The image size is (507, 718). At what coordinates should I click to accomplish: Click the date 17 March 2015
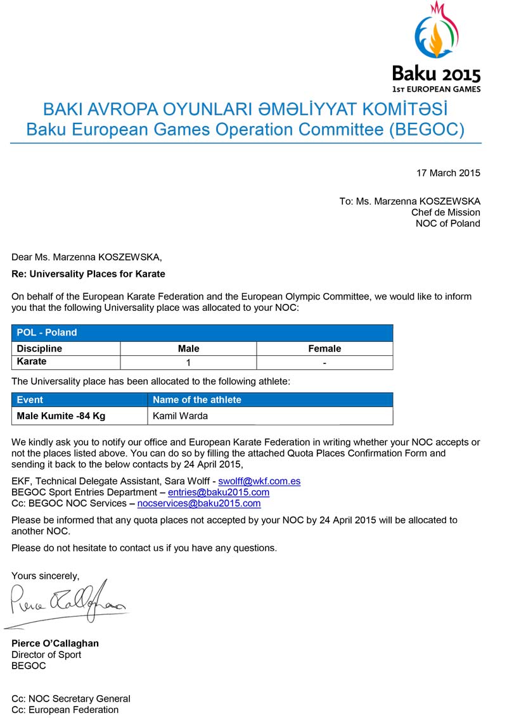click(448, 173)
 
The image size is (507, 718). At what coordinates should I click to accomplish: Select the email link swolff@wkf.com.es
click(259, 481)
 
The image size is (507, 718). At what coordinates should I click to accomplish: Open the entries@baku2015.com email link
click(219, 492)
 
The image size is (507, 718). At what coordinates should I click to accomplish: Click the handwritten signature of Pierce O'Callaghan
click(67, 601)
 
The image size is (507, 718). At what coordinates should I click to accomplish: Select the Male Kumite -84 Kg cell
click(61, 416)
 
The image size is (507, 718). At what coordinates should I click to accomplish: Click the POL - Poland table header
click(47, 332)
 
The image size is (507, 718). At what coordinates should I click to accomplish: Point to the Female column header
click(324, 348)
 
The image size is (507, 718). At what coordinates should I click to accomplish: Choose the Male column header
click(188, 348)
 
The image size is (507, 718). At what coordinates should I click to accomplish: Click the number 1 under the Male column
click(188, 363)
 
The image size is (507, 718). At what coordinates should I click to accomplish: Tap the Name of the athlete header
click(197, 400)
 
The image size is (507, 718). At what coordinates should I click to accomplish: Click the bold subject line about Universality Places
click(88, 274)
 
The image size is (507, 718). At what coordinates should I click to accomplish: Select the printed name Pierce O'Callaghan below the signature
click(55, 643)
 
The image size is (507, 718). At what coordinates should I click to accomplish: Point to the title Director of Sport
click(46, 655)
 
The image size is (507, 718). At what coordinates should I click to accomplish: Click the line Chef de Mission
click(446, 212)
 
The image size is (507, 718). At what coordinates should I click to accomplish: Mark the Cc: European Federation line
click(65, 710)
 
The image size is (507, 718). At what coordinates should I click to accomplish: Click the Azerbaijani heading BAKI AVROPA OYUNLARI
click(245, 109)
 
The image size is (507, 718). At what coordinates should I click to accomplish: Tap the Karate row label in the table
click(32, 362)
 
